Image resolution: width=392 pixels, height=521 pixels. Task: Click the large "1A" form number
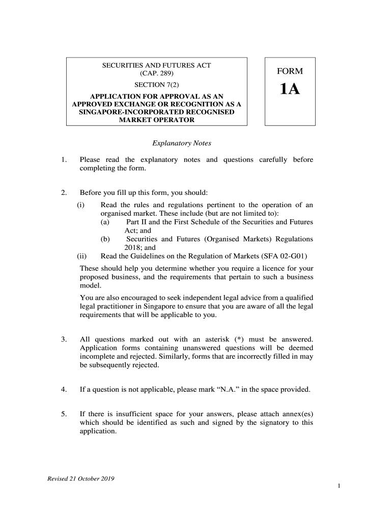pyautogui.click(x=290, y=90)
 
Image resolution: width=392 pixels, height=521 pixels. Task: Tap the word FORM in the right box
pyautogui.click(x=290, y=72)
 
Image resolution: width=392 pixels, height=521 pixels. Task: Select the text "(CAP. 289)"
pyautogui.click(x=156, y=74)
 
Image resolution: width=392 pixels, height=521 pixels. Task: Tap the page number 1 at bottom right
pyautogui.click(x=339, y=486)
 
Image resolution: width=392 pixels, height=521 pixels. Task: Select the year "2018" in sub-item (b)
pyautogui.click(x=134, y=248)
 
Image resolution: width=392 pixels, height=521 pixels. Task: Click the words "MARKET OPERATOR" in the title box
pyautogui.click(x=156, y=120)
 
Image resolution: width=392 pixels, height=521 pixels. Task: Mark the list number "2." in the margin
pyautogui.click(x=64, y=193)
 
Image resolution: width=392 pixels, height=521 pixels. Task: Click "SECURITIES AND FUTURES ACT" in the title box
pyautogui.click(x=156, y=65)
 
